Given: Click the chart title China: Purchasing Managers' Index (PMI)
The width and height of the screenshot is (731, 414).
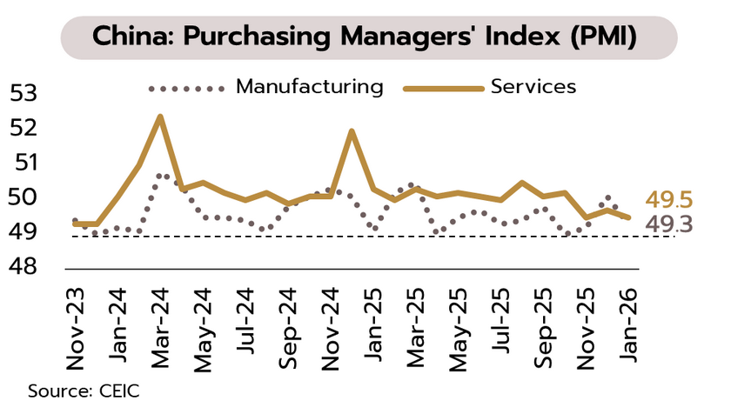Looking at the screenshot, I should [x=365, y=37].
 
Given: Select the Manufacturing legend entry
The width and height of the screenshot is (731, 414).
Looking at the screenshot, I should [x=309, y=87].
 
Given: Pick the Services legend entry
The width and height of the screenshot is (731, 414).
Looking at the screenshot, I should [x=533, y=87].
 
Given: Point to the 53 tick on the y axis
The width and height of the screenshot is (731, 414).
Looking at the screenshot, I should [x=25, y=93].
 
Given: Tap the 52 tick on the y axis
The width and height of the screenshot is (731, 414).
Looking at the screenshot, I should [x=25, y=128].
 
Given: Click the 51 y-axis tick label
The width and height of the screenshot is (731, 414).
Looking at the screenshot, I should [x=25, y=163].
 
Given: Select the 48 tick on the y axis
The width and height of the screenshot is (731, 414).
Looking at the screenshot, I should [x=25, y=266].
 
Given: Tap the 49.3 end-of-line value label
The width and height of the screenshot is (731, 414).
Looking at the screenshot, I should [x=669, y=225].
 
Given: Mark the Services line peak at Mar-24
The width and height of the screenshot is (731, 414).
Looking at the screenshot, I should [x=160, y=116].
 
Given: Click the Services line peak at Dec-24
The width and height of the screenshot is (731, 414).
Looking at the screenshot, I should [x=352, y=131].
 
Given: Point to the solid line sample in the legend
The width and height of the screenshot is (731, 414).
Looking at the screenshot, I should [x=443, y=88].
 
